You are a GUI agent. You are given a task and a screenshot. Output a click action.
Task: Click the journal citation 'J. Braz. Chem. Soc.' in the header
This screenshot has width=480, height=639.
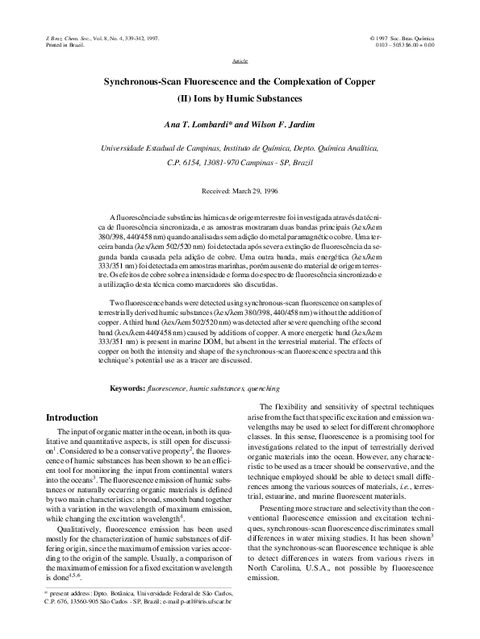[x=62, y=38]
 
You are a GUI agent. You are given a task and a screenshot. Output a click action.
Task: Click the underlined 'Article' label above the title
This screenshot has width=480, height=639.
[x=240, y=60]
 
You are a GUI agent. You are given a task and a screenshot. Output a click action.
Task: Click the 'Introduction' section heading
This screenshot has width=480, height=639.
[x=72, y=417]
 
